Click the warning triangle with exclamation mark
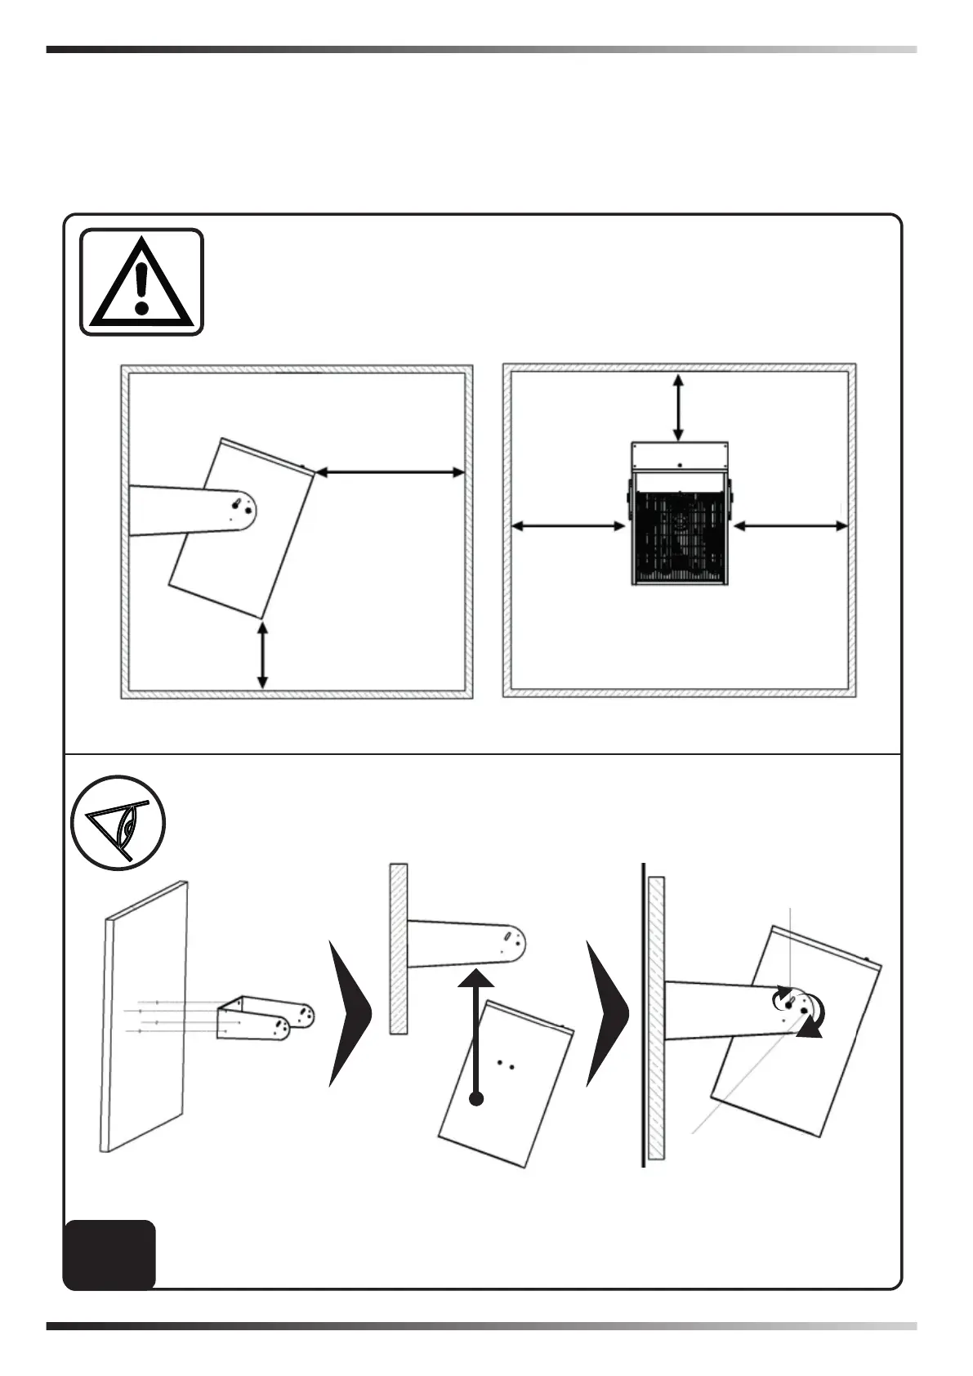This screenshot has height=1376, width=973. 141,282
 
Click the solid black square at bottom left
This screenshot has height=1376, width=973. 109,1254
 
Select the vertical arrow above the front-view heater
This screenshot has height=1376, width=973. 678,407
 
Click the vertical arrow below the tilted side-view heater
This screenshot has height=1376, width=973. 262,654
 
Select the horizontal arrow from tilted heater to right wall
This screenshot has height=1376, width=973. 390,471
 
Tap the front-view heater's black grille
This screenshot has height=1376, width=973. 678,535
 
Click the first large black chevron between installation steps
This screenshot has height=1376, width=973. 349,1013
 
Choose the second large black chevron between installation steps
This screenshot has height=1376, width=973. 607,1013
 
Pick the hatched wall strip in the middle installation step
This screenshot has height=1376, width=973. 398,948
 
